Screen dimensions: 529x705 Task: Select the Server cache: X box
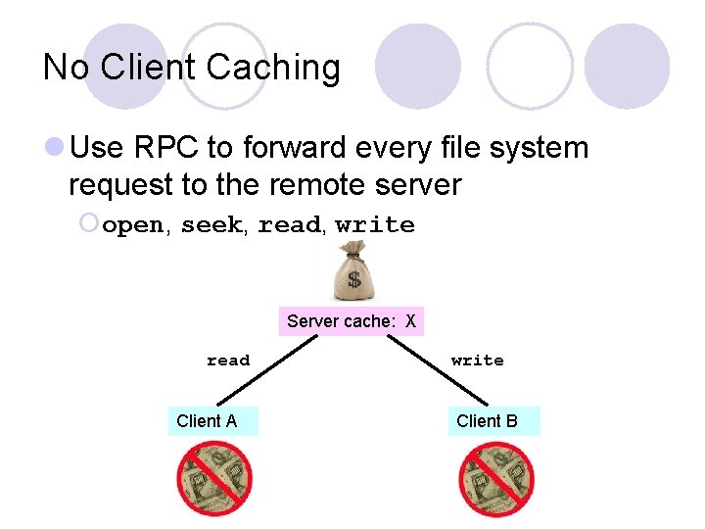[x=351, y=320]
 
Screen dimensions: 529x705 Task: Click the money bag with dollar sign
[x=353, y=273]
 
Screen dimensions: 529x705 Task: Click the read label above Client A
[x=228, y=361]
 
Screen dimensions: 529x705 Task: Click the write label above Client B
[x=478, y=361]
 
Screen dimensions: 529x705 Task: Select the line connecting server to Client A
[x=269, y=372]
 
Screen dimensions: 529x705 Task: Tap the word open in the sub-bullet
[x=133, y=225]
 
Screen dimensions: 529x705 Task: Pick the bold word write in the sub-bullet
[x=375, y=225]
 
